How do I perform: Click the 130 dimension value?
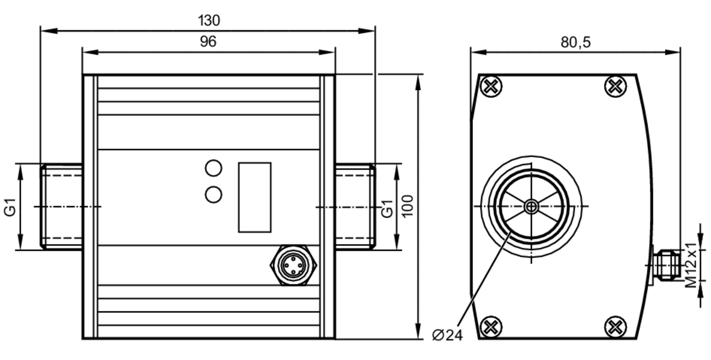point(209,21)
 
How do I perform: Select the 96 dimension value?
point(208,42)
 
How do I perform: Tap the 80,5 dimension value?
point(576,42)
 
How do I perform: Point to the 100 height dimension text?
point(407,206)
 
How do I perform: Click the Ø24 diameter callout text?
point(447,335)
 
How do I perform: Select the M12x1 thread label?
point(691,265)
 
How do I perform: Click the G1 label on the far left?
point(10,207)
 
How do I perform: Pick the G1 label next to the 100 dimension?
point(387,208)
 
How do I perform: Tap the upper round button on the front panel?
point(213,168)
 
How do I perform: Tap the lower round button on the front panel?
point(213,195)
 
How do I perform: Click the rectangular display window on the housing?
point(255,198)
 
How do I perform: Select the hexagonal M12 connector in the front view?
point(293,265)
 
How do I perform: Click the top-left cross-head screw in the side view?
point(491,86)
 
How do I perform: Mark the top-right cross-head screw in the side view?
point(615,86)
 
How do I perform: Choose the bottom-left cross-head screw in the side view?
point(491,327)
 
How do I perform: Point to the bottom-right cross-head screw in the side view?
point(615,327)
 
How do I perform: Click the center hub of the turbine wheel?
point(531,206)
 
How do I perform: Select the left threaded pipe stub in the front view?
point(62,206)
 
